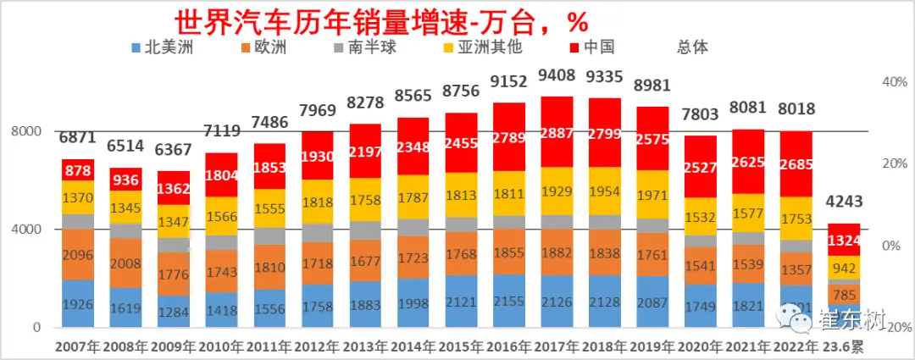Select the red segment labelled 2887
pos(557,132)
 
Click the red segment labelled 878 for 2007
pos(77,169)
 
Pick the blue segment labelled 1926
pos(77,303)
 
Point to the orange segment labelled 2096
pos(77,254)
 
